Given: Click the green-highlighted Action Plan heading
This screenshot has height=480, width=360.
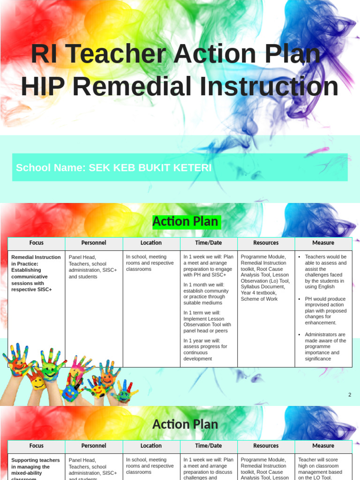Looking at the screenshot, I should pyautogui.click(x=186, y=222).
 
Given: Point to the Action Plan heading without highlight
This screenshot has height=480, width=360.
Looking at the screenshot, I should pyautogui.click(x=185, y=424).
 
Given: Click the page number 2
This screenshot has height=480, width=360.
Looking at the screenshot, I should pyautogui.click(x=349, y=395).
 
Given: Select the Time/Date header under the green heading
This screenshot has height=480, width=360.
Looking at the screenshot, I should pyautogui.click(x=209, y=243).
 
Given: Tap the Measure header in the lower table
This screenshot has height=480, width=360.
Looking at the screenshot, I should pyautogui.click(x=323, y=446).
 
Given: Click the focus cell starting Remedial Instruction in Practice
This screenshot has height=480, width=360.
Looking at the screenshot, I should pyautogui.click(x=36, y=273).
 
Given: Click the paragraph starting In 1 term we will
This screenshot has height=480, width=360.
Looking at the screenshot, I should pyautogui.click(x=207, y=322).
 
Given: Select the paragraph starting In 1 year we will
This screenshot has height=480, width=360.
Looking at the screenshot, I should pyautogui.click(x=205, y=350).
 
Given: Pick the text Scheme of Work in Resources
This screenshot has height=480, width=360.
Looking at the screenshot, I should pyautogui.click(x=259, y=299).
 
